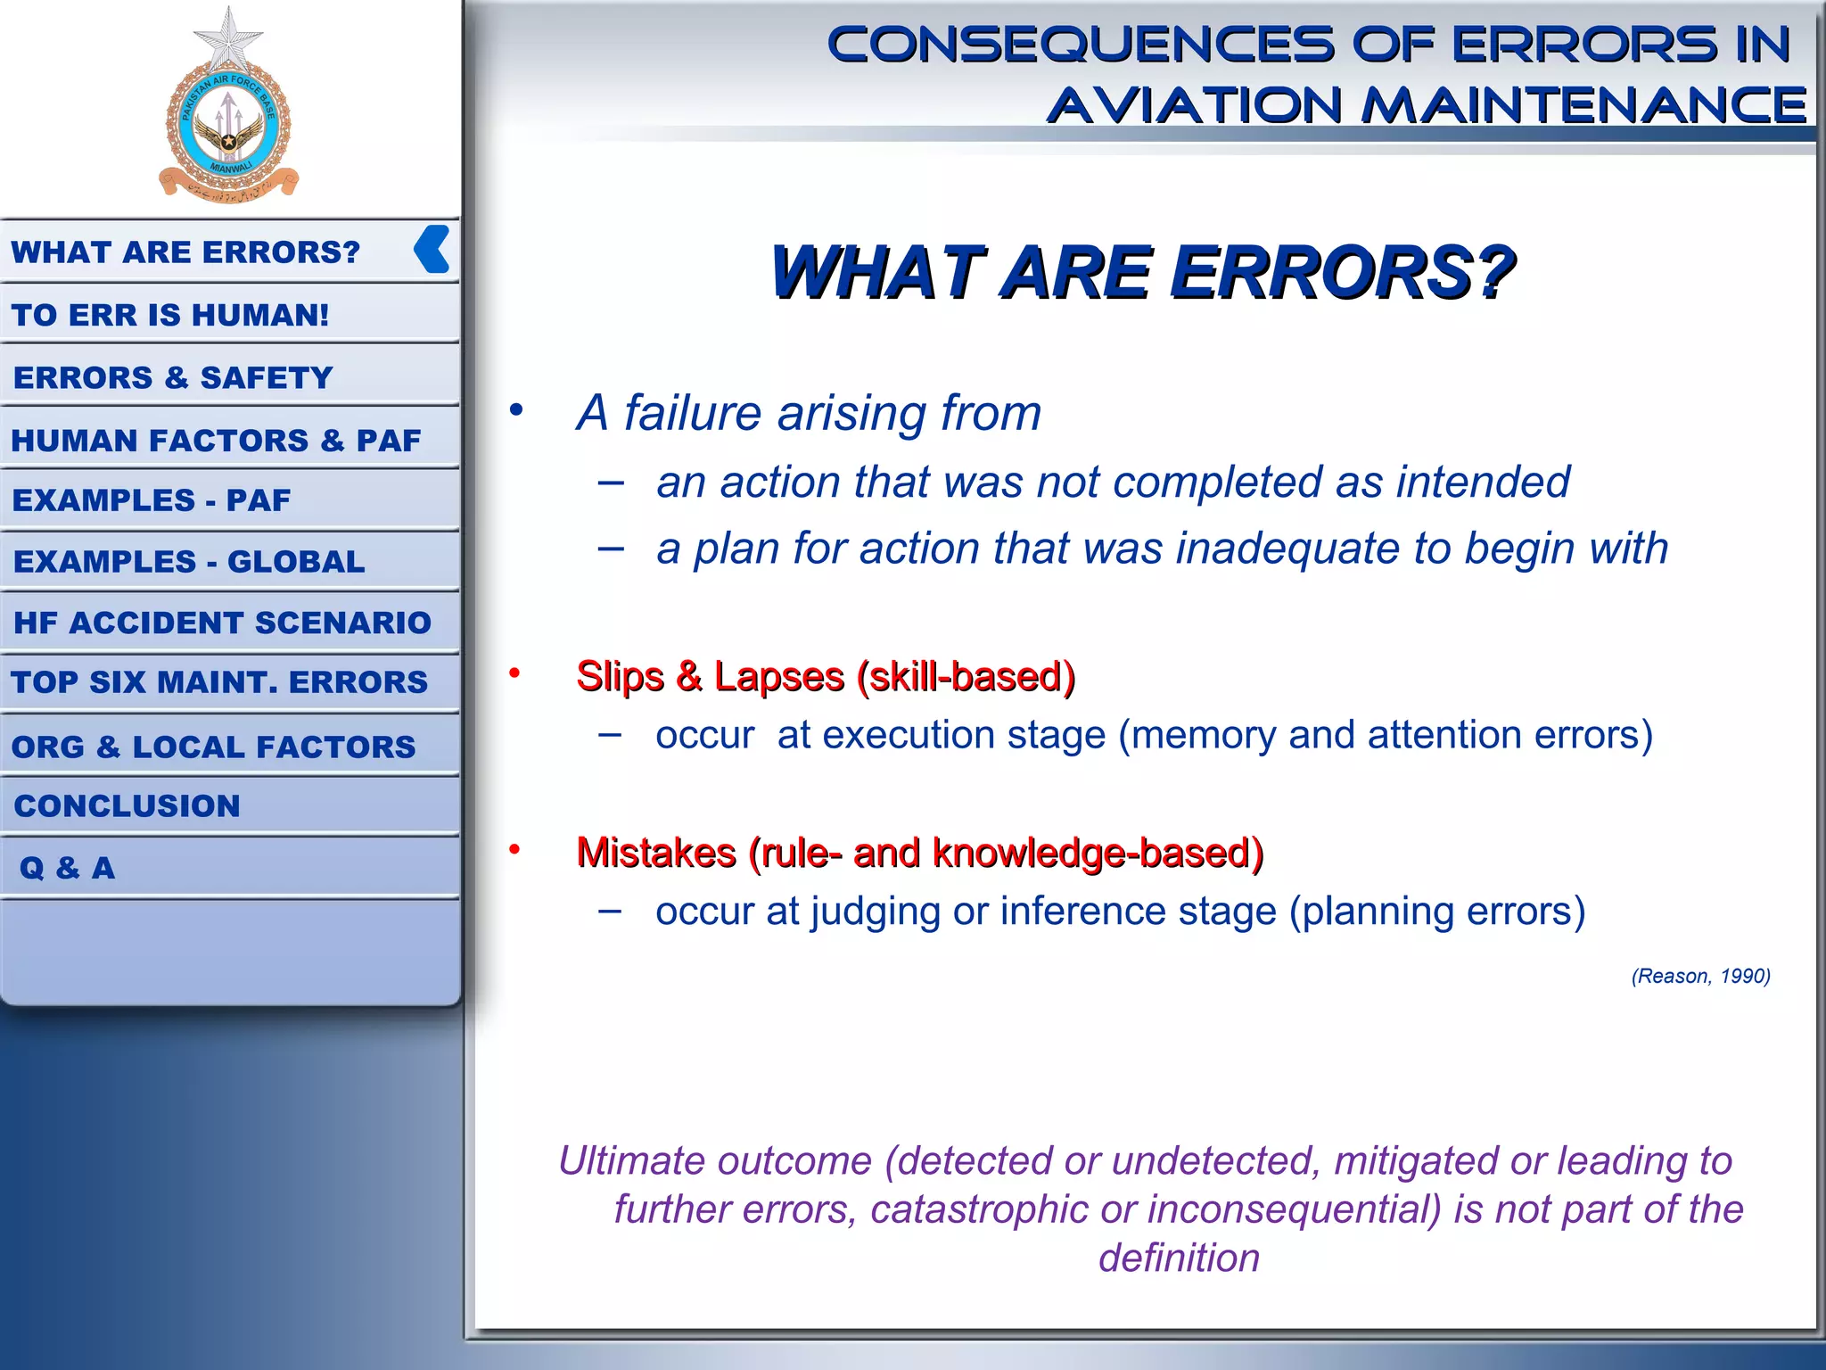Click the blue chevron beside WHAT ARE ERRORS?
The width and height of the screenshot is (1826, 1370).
coord(432,249)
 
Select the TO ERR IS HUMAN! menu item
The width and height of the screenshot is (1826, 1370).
coord(170,315)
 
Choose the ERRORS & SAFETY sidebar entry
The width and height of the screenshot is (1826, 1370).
coord(173,377)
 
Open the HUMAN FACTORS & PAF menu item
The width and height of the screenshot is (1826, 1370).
coord(216,440)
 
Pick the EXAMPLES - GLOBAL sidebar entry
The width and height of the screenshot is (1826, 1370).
coord(189,561)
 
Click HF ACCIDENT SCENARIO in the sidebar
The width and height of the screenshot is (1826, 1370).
coord(222,622)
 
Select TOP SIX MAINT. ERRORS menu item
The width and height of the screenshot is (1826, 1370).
coord(219,681)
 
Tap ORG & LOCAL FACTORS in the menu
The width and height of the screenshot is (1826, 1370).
coord(214,746)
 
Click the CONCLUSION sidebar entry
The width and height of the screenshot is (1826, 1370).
coord(127,805)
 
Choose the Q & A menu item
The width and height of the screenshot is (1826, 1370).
coord(68,867)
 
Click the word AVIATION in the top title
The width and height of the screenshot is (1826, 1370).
coord(1195,105)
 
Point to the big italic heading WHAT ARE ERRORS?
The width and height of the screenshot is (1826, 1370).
coord(1142,272)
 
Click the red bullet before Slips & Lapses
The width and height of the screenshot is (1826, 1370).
coord(514,673)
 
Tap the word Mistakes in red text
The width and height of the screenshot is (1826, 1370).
coord(655,853)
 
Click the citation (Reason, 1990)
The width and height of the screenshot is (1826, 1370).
coord(1700,976)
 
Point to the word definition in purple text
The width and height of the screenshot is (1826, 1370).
coord(1179,1258)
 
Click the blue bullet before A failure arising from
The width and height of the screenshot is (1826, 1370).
coord(516,410)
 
